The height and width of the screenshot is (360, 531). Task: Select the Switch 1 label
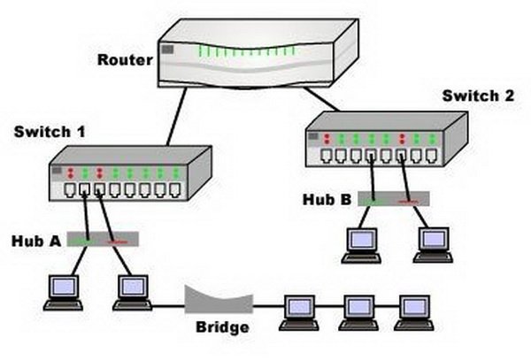(50, 132)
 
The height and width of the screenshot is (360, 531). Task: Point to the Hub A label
(35, 240)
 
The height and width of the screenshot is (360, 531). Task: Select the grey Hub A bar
(105, 239)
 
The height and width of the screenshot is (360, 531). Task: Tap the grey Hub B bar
(394, 199)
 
